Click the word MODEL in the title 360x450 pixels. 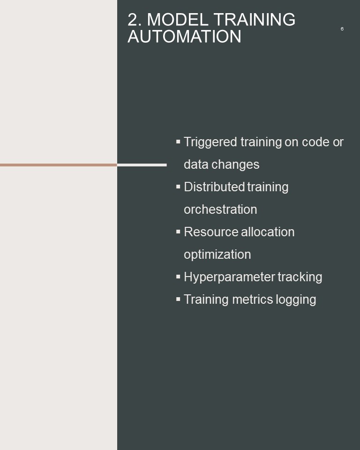tap(177, 20)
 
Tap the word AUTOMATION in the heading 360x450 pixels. tap(184, 37)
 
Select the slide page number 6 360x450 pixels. tap(342, 29)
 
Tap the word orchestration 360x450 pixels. tap(220, 209)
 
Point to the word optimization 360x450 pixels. tap(217, 255)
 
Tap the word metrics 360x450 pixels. tap(253, 300)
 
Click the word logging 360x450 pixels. tap(296, 300)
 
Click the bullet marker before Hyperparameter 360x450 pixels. tap(178, 277)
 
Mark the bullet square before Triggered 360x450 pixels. tap(178, 142)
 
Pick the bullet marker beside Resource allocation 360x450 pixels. tap(178, 232)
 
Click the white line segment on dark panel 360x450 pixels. tap(142, 165)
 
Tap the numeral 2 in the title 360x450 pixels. tap(133, 20)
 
